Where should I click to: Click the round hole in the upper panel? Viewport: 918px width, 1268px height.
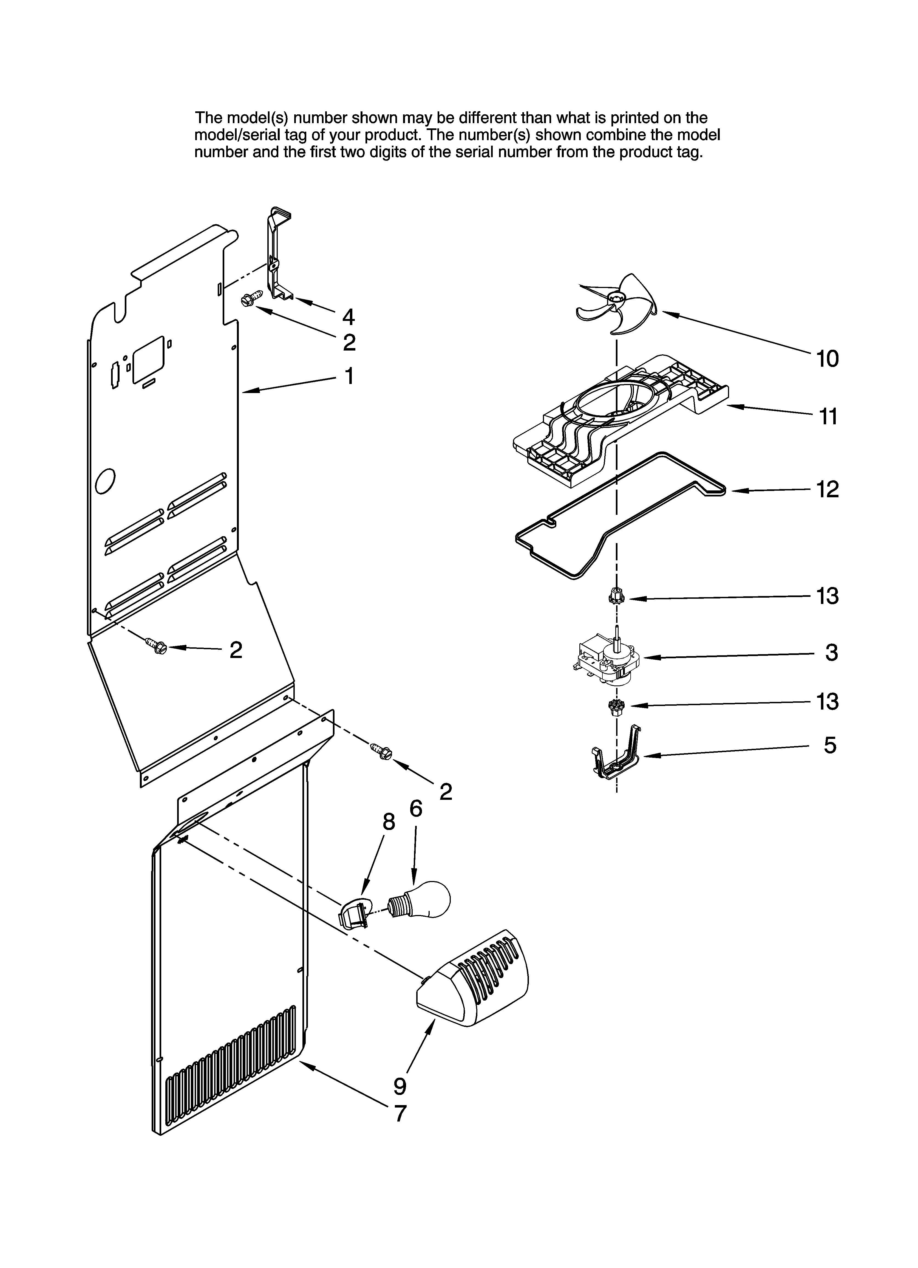(x=105, y=481)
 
